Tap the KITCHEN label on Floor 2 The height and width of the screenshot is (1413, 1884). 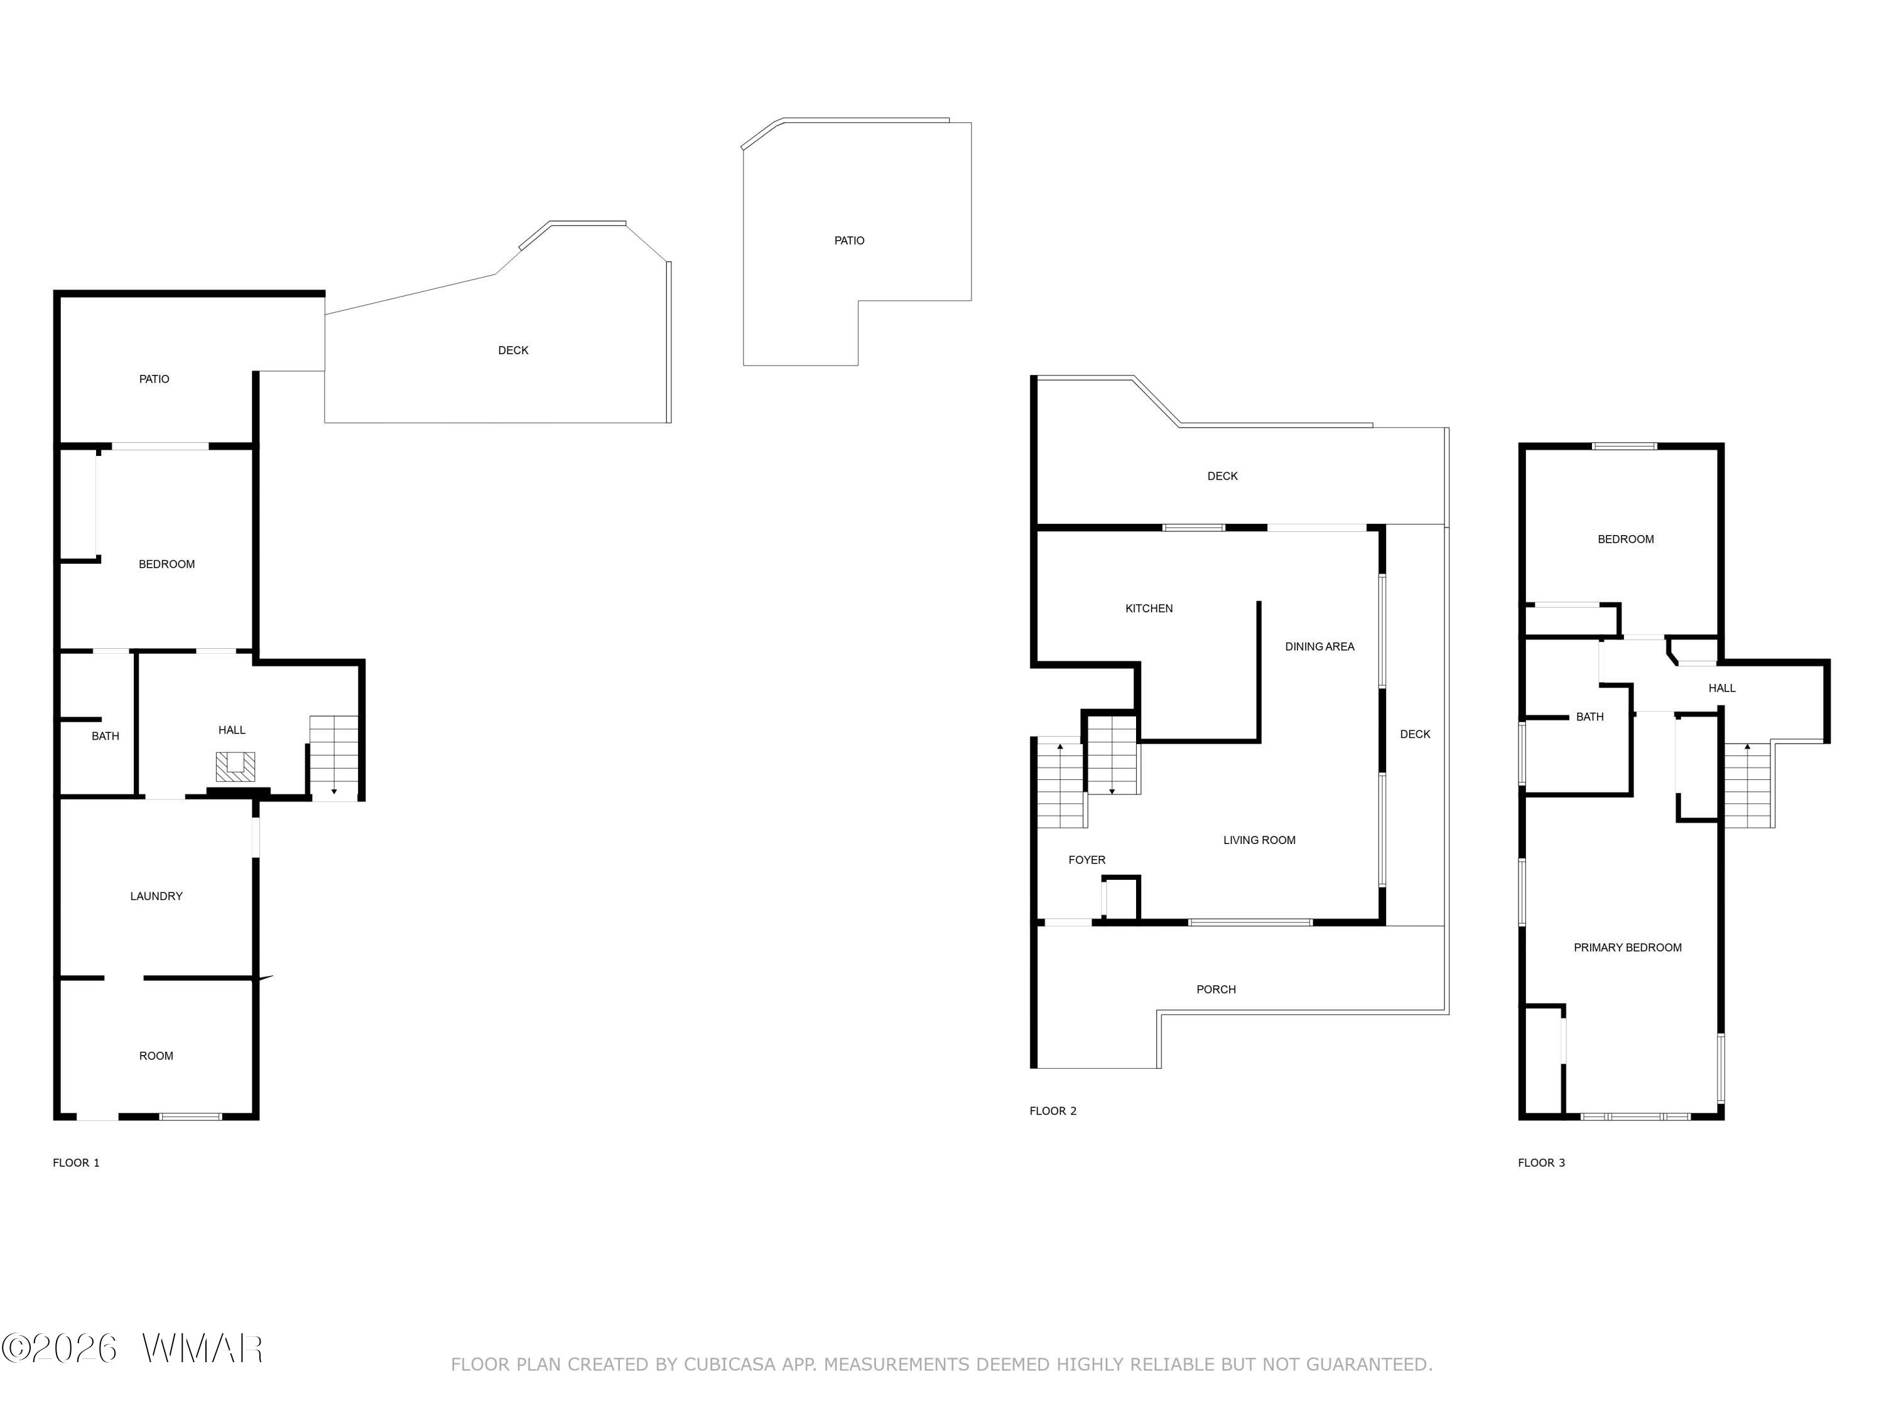[1149, 608]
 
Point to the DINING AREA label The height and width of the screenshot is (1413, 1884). [1319, 646]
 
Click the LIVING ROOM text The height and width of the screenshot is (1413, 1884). [1259, 840]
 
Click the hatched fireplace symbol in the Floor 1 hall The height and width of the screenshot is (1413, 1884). [235, 767]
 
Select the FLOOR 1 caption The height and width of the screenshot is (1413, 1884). [76, 1162]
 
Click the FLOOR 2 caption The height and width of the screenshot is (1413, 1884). [1053, 1111]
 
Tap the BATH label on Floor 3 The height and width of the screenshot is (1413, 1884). [1589, 717]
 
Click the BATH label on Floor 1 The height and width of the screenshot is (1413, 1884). [106, 736]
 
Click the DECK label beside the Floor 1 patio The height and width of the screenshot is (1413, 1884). [512, 350]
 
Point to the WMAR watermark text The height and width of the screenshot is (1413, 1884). [202, 1348]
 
